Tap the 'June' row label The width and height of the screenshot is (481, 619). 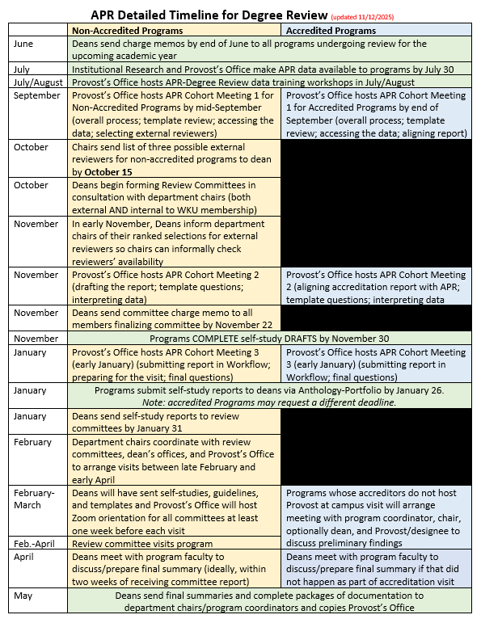tap(24, 44)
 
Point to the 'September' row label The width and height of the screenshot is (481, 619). tap(37, 95)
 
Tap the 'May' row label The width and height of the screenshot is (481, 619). tap(23, 596)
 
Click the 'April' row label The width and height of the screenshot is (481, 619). tap(26, 557)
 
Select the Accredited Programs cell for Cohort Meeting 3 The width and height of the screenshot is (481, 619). tap(376, 364)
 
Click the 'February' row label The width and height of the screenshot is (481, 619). tap(32, 442)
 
